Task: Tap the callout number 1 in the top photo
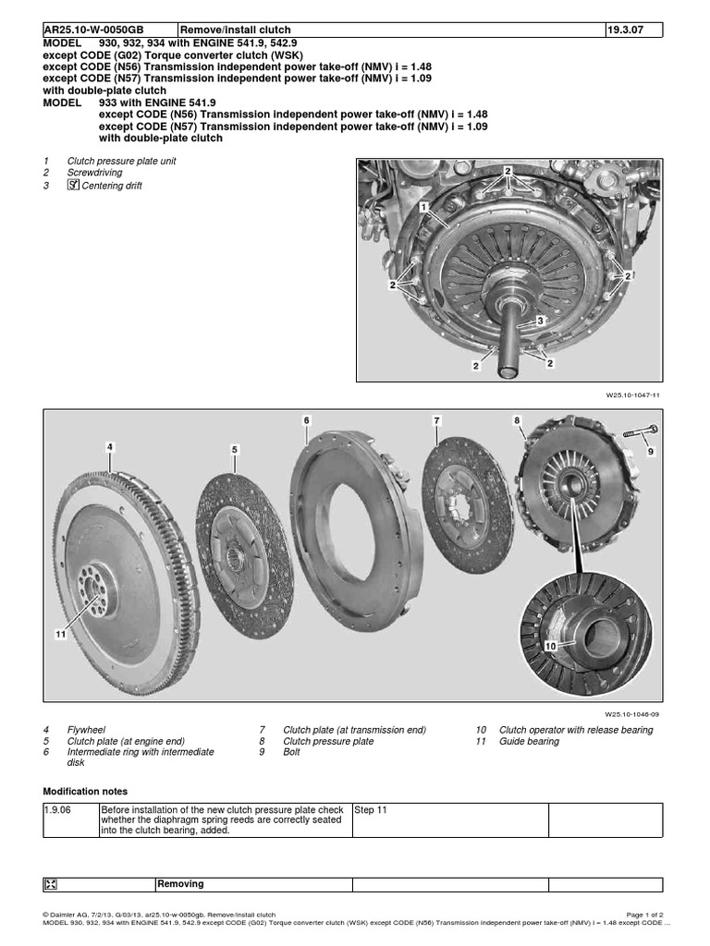tap(422, 209)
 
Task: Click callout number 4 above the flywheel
tap(110, 447)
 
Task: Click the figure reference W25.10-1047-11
tap(633, 394)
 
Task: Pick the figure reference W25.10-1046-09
tap(633, 712)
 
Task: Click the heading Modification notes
tap(86, 792)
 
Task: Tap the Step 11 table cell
tap(371, 810)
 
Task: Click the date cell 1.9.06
tap(57, 810)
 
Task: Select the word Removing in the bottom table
tap(180, 884)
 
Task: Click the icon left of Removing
tap(51, 884)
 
